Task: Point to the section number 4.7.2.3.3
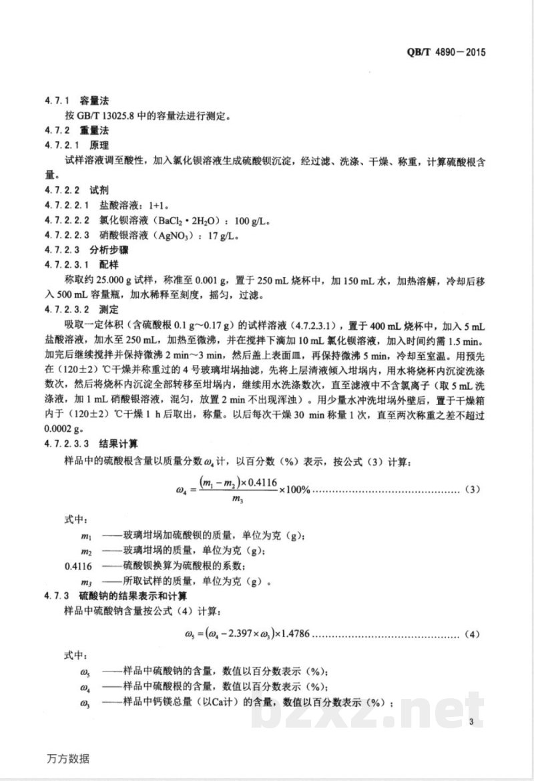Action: point(67,443)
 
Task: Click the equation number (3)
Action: point(472,491)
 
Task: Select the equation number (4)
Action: point(472,633)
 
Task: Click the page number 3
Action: point(471,722)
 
